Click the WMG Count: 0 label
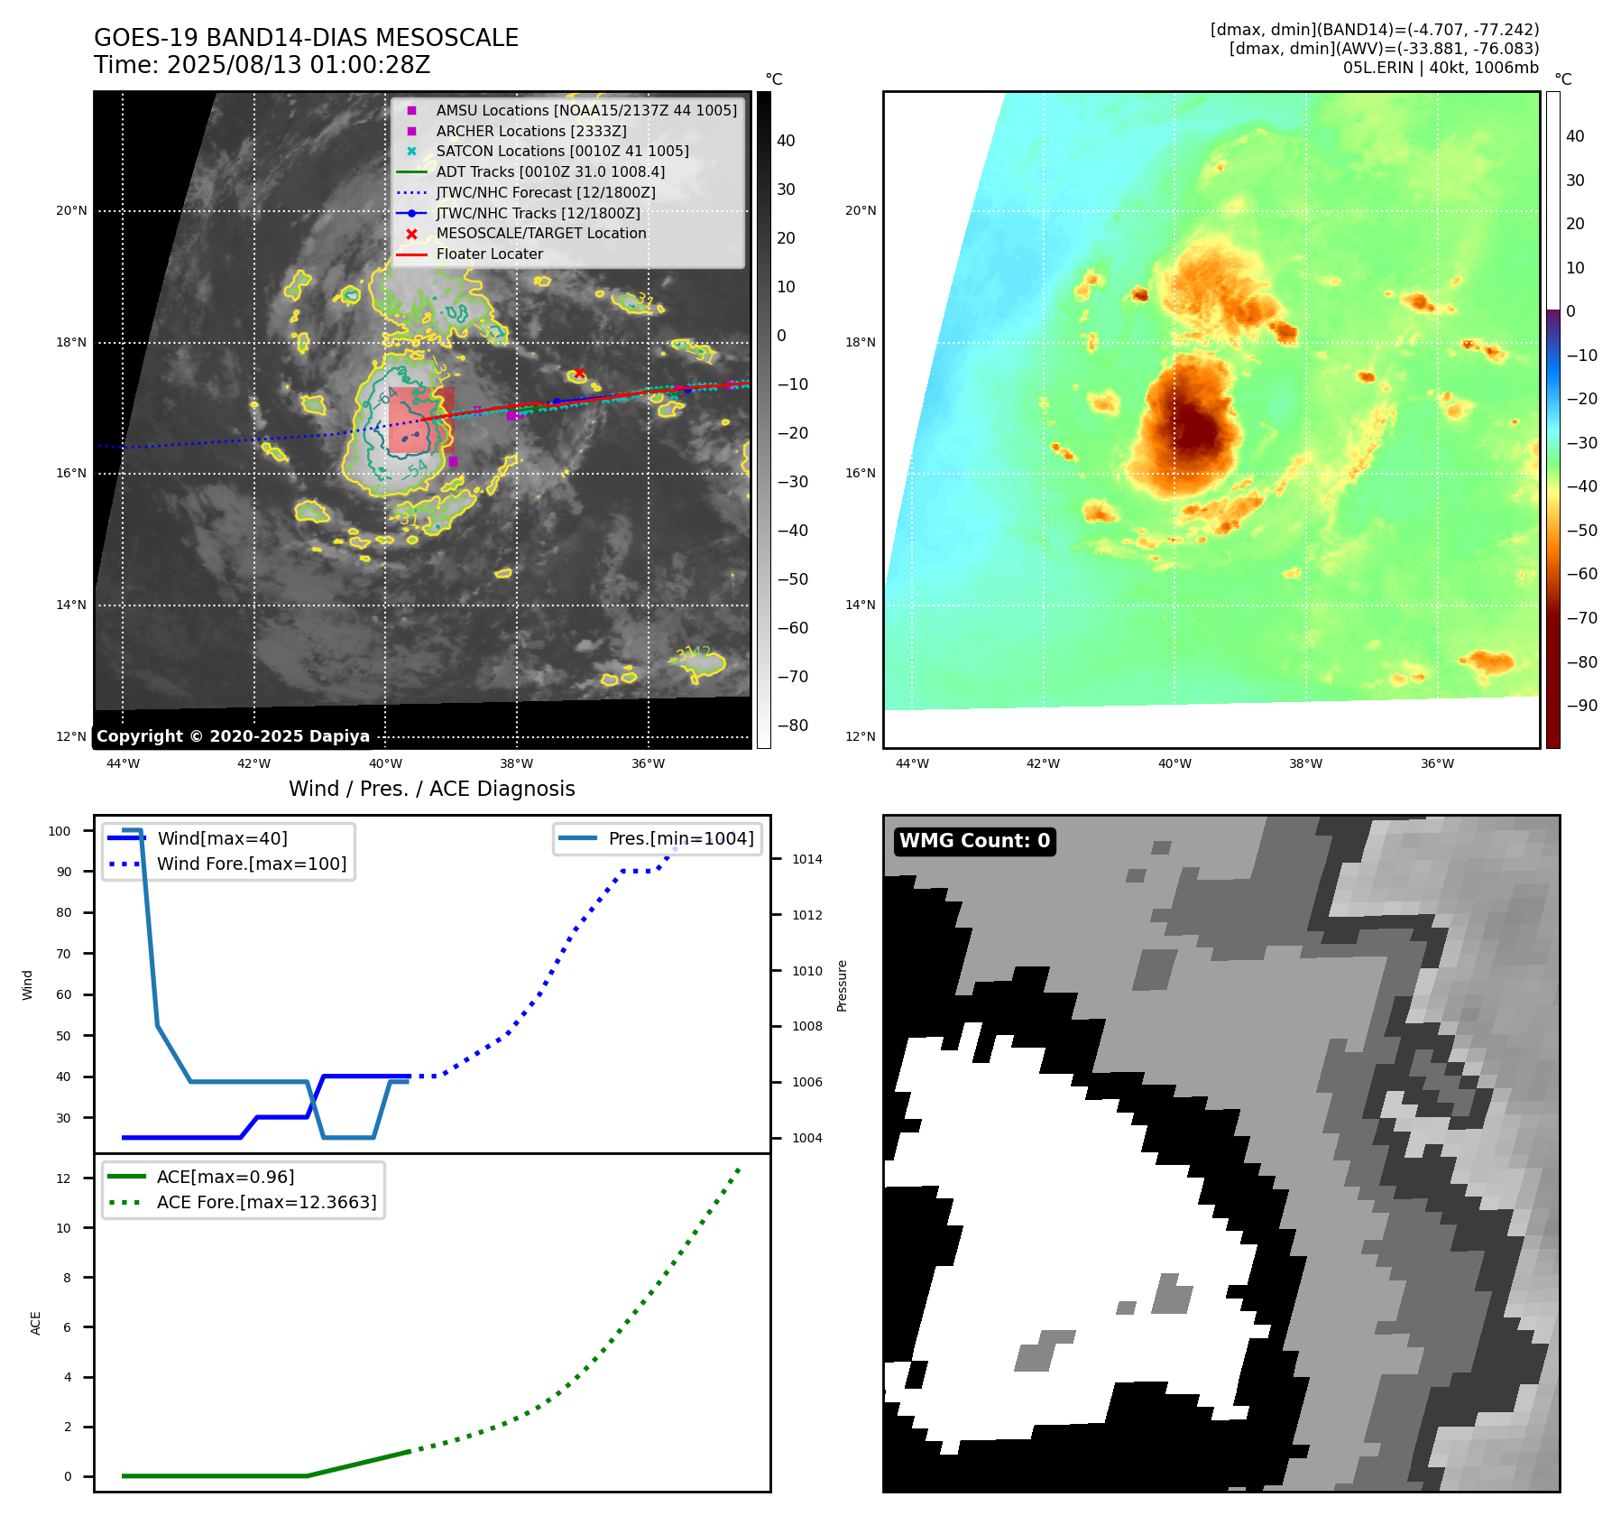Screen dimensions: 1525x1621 974,841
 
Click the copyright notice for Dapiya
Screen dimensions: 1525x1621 233,736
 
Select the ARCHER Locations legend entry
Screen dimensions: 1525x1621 530,131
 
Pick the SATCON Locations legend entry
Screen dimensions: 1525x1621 562,151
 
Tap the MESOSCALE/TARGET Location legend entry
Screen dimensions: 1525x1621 540,233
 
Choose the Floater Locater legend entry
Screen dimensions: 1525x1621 489,254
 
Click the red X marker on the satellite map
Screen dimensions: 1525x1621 579,374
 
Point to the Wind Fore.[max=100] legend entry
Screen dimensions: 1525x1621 251,864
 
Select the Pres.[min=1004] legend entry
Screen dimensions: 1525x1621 680,838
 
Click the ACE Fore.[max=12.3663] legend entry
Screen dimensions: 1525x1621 266,1202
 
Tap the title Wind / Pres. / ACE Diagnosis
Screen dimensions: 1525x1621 431,789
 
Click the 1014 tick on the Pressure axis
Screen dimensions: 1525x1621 806,859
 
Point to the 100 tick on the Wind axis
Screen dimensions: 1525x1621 60,831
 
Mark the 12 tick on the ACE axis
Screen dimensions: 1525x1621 63,1178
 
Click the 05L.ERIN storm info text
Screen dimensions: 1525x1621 1440,68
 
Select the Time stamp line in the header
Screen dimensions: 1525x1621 262,65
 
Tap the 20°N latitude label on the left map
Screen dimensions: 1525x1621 71,211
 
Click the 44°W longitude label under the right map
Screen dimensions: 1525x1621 912,763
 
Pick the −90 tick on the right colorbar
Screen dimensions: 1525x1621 1581,706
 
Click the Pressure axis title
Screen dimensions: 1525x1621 842,985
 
